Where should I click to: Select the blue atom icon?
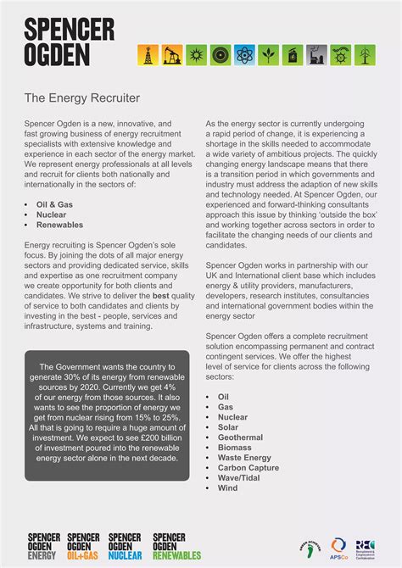coord(244,55)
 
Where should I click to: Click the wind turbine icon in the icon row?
coord(364,55)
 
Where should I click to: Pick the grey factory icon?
coord(316,55)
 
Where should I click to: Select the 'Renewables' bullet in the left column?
coord(59,225)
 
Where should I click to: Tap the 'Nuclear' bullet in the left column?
coord(52,215)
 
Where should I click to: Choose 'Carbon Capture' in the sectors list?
coord(248,468)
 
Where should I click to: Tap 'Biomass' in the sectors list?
coord(234,448)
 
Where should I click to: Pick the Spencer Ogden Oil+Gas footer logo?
coord(83,546)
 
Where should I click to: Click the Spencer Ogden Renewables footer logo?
coord(176,546)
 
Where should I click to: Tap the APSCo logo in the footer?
coord(339,547)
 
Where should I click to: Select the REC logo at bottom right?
coord(366,547)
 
